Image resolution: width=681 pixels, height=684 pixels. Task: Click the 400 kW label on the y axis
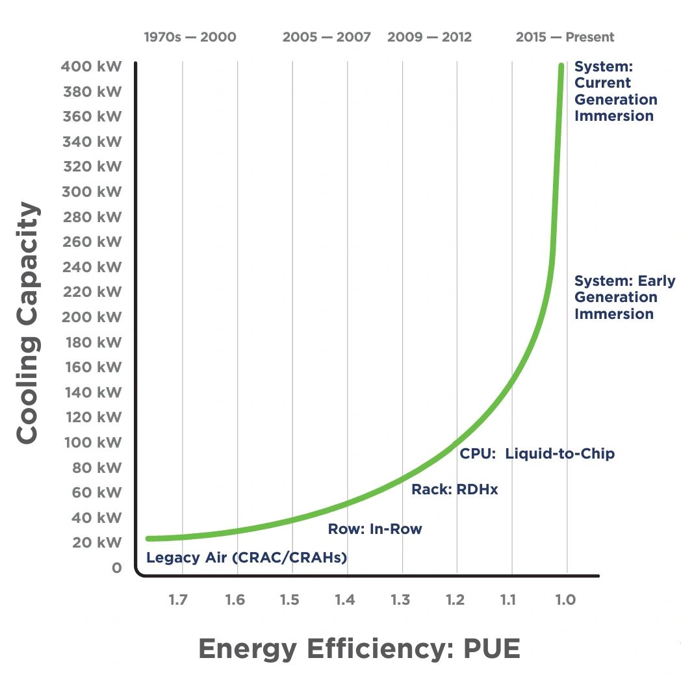92,66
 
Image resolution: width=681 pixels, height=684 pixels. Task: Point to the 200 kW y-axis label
92,317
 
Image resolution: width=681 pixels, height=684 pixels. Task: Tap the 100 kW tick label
92,442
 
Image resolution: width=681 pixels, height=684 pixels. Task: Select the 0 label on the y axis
116,568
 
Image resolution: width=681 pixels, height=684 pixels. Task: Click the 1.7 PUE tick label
178,599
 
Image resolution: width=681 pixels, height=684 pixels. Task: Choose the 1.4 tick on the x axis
344,599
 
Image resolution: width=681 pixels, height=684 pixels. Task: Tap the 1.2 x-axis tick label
455,599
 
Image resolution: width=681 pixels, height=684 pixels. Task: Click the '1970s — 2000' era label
190,37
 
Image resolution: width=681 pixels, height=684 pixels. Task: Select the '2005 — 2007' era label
327,37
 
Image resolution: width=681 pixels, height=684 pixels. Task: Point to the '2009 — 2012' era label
430,37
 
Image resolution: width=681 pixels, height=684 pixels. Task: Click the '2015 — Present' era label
565,37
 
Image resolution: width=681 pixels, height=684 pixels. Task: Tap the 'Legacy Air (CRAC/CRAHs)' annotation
246,557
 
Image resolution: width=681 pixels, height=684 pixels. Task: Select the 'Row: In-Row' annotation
375,529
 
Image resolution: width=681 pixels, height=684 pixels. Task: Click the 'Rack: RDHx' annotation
455,490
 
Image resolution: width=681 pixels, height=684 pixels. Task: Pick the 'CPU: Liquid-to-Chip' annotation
537,453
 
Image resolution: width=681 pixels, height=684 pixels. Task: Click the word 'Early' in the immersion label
657,281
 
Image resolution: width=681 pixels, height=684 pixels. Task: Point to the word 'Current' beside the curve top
602,83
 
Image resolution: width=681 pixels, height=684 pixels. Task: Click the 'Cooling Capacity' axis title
27,323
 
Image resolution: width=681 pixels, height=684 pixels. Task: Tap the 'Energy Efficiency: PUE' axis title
359,648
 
